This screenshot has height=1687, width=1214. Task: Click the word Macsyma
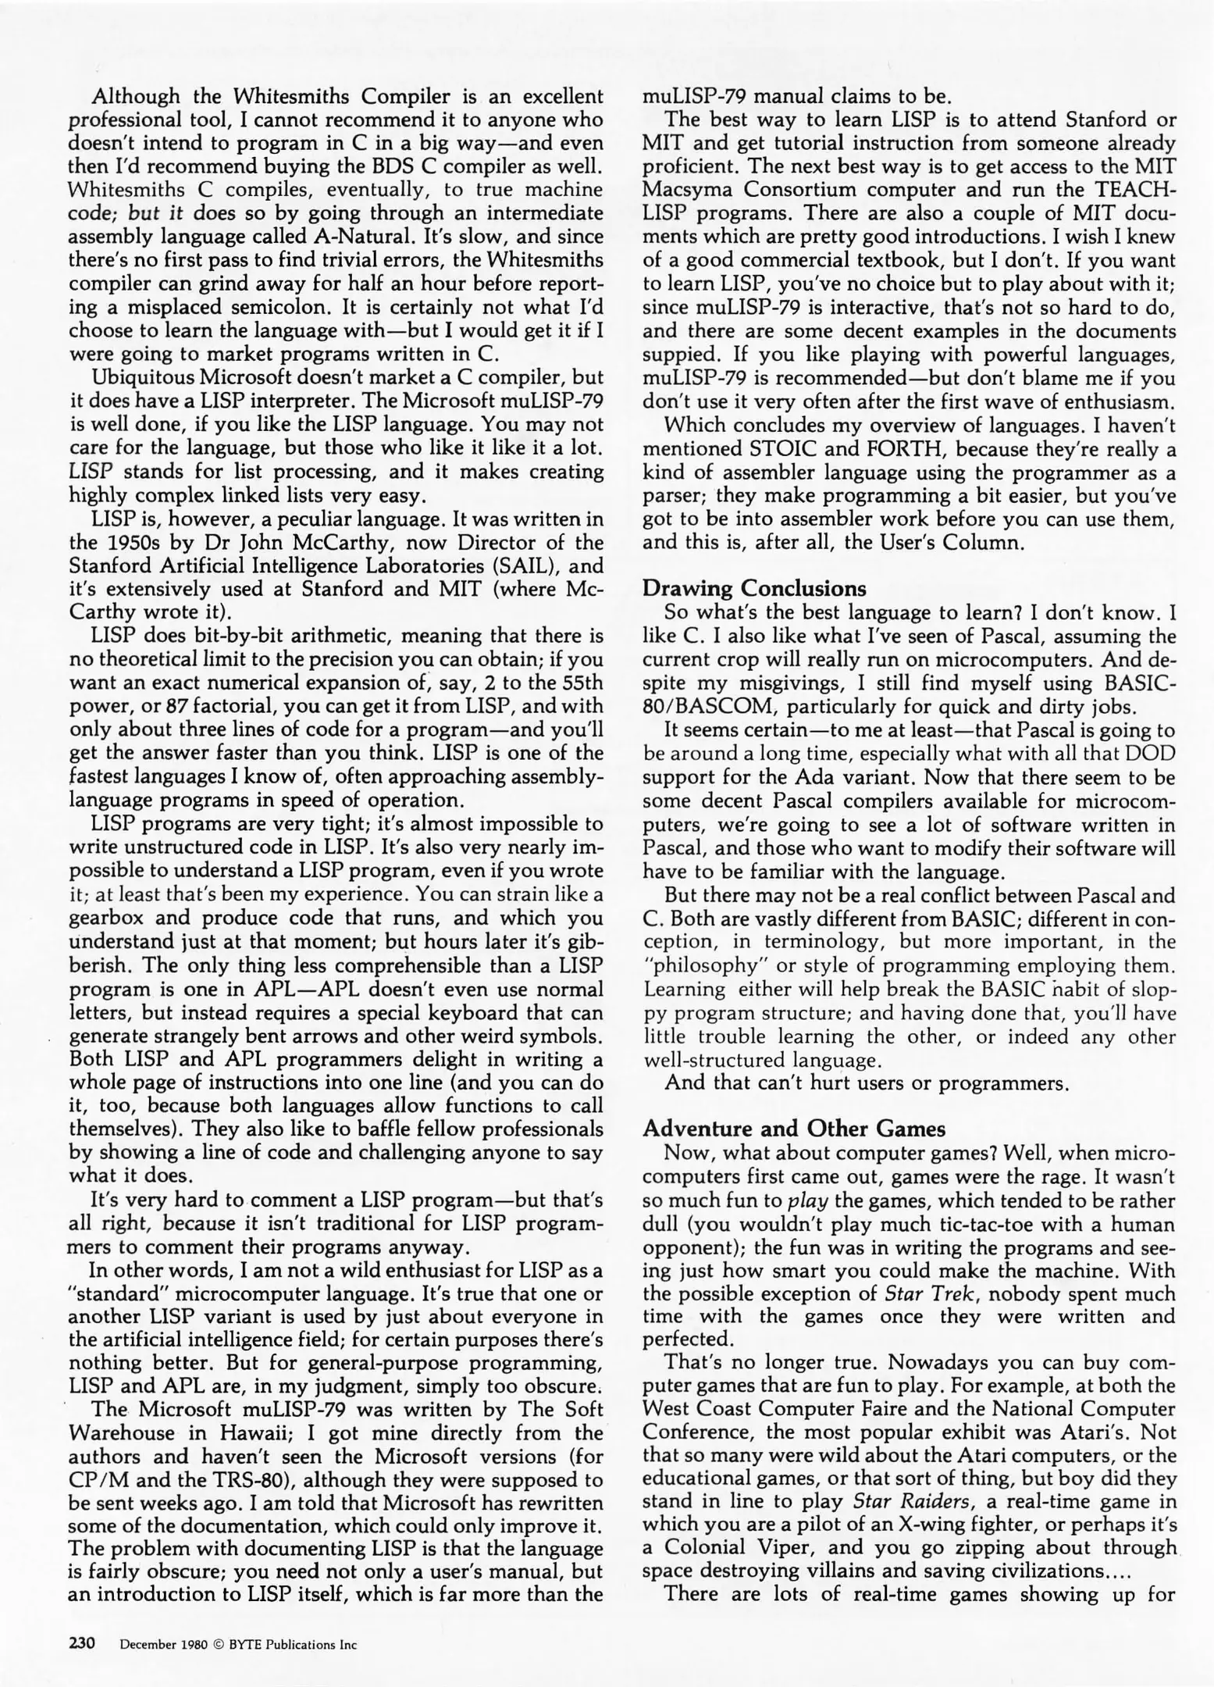pos(689,190)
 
